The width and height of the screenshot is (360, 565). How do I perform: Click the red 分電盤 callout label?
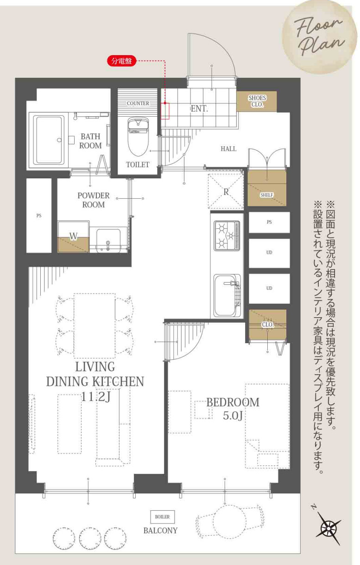(122, 61)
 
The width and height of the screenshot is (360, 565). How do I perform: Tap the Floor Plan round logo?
(319, 36)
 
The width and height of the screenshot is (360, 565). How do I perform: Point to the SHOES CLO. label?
(257, 101)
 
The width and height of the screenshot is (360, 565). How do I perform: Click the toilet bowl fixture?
(138, 136)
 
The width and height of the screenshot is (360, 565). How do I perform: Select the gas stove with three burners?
(227, 236)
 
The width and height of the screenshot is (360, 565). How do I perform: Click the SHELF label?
(266, 195)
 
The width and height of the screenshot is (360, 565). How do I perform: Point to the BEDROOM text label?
(233, 402)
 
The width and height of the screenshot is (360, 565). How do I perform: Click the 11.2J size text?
(95, 397)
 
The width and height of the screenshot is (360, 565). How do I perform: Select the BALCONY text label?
(160, 531)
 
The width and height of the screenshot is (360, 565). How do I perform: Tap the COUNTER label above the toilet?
(138, 103)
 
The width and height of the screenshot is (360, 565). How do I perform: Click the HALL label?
(228, 149)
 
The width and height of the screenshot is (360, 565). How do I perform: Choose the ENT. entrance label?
(199, 109)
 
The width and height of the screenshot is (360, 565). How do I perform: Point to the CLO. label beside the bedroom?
(268, 325)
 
